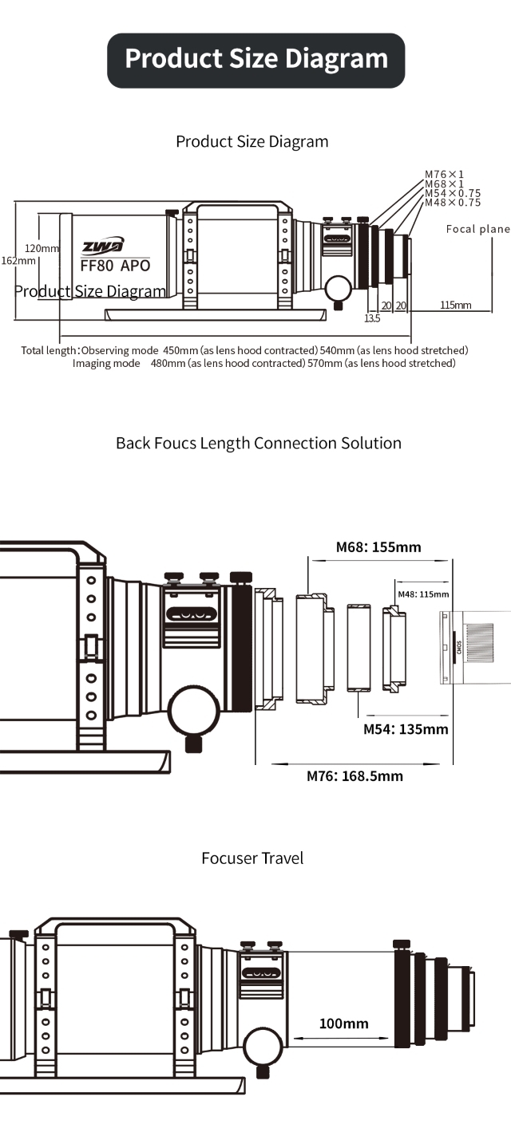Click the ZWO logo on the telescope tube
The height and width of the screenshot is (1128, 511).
[x=103, y=246]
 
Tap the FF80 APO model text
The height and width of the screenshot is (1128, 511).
[x=116, y=266]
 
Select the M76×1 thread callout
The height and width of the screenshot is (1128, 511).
[x=444, y=174]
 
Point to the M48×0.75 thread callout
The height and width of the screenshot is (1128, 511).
[x=453, y=203]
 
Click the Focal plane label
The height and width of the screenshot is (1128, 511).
[x=478, y=229]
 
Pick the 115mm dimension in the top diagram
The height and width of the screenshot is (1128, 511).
[x=456, y=305]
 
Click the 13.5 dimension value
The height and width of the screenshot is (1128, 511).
[x=372, y=318]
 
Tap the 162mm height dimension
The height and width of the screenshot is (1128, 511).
[x=18, y=260]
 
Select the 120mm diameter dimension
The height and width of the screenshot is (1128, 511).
[x=42, y=248]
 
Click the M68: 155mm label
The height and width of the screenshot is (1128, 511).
[x=378, y=547]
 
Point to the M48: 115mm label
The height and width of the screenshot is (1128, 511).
[x=423, y=594]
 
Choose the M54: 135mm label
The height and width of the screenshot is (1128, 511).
[x=406, y=729]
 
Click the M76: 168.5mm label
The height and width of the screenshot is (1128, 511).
[x=355, y=776]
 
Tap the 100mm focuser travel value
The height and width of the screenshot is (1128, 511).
[x=343, y=1023]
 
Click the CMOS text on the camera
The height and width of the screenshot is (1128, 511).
[x=459, y=647]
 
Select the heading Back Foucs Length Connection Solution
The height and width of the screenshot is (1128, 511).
[x=259, y=444]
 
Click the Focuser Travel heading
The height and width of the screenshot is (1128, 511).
[x=252, y=858]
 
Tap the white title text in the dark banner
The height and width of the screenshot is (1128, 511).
[x=256, y=58]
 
